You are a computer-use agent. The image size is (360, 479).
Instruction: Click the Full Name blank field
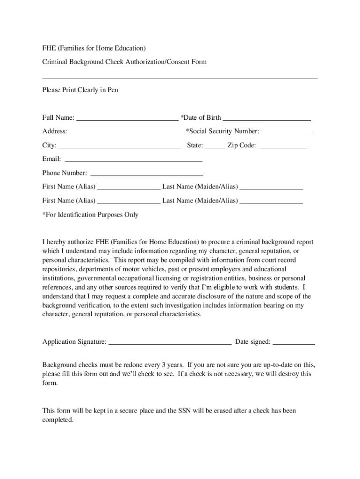(x=127, y=118)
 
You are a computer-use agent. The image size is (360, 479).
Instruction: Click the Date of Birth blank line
(x=266, y=118)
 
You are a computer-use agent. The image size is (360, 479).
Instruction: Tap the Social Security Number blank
(x=287, y=132)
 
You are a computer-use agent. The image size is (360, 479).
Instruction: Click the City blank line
(x=120, y=146)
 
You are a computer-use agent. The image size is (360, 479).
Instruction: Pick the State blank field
(x=215, y=146)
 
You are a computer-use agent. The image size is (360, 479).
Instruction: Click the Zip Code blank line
(x=283, y=146)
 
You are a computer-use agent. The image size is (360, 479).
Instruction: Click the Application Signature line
(x=170, y=343)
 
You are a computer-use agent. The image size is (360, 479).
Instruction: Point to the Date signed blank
(x=294, y=343)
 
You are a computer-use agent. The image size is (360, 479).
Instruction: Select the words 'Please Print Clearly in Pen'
(x=80, y=90)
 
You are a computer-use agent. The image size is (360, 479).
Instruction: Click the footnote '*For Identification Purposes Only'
(x=90, y=215)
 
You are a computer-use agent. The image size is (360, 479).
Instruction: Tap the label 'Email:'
(x=51, y=160)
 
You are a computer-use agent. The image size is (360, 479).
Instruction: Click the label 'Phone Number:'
(x=65, y=173)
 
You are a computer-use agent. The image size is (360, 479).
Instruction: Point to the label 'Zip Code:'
(x=242, y=145)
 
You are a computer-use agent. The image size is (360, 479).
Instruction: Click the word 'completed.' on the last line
(x=58, y=420)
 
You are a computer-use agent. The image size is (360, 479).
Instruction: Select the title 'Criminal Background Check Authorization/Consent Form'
(x=124, y=62)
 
